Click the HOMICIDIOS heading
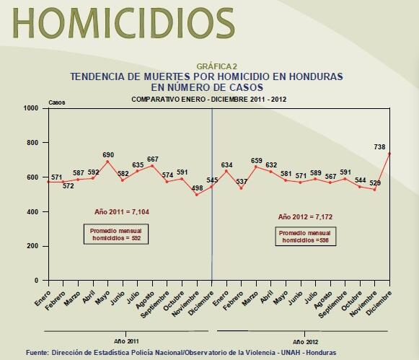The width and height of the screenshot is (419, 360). (x=119, y=24)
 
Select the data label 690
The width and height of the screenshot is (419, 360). (x=108, y=155)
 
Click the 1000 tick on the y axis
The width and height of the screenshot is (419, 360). (x=31, y=108)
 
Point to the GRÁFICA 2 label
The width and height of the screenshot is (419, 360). (x=206, y=66)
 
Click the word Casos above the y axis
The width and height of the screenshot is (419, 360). (x=56, y=102)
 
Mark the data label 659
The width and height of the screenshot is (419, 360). (x=256, y=160)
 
